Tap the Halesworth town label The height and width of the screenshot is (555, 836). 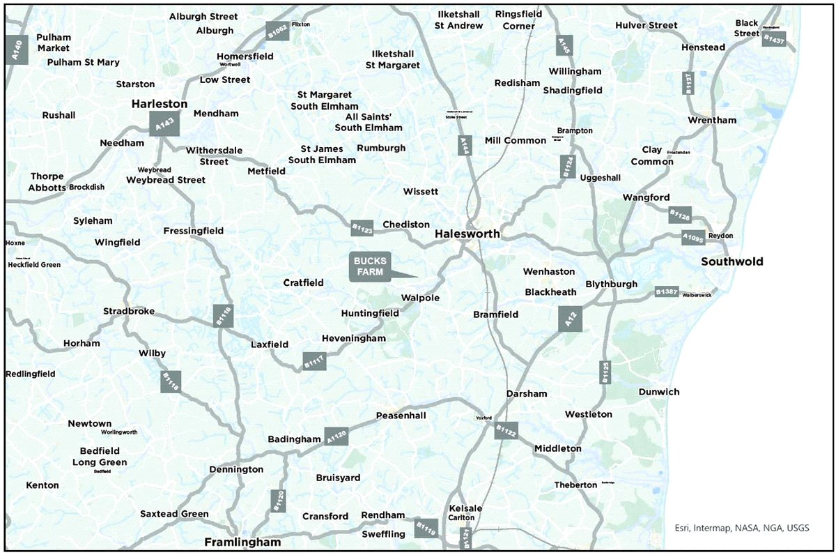tap(467, 234)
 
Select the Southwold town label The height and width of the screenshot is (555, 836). tap(732, 262)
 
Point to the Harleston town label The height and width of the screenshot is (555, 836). tap(160, 104)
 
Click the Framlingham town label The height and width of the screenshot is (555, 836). tap(242, 542)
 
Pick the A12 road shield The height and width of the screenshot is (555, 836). tap(571, 319)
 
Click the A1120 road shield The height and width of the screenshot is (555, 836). tap(335, 436)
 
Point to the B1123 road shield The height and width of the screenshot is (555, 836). tap(362, 227)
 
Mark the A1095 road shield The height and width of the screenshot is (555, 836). tap(693, 238)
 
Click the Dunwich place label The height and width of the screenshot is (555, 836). tap(658, 392)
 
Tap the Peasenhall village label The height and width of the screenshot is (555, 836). tap(401, 416)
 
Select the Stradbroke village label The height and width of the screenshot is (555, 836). tap(129, 311)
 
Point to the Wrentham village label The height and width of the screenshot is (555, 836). tap(711, 120)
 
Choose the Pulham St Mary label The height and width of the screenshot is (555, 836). tap(84, 62)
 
